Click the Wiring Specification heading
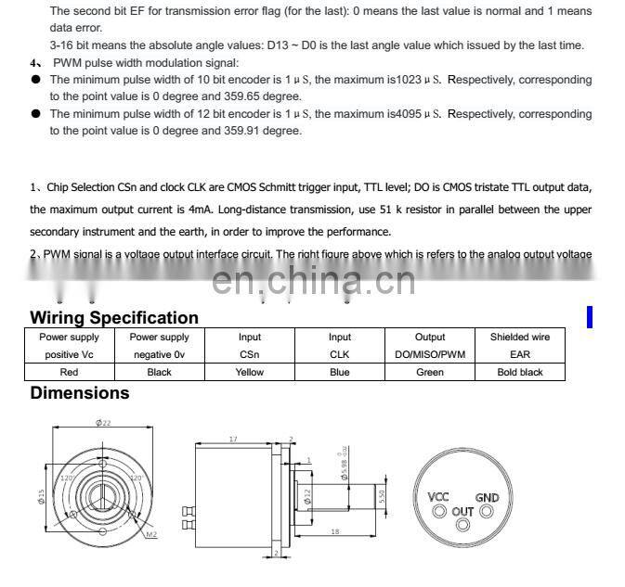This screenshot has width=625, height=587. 114,318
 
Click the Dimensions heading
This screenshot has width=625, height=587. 80,393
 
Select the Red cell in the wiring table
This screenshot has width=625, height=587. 69,372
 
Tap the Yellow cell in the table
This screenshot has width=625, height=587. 250,372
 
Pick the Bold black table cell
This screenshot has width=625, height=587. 520,372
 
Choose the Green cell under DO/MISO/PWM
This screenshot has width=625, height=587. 430,372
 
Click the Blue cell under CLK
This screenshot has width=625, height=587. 340,372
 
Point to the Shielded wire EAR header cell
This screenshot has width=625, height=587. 520,345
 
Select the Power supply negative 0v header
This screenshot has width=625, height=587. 159,345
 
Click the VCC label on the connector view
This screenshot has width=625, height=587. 438,497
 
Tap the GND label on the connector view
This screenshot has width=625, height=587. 488,497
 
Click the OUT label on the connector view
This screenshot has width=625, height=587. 462,511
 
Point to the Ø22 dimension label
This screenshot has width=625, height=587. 103,423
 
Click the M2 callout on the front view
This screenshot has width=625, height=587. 150,535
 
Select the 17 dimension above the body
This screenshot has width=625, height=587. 232,440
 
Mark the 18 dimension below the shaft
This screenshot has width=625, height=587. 333,531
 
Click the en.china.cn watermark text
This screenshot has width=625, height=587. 314,280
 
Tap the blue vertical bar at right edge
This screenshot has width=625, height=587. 589,317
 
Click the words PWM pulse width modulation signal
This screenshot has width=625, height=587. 145,63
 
